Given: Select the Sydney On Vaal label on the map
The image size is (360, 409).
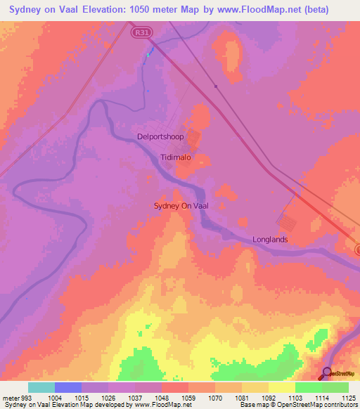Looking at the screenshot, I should [181, 205].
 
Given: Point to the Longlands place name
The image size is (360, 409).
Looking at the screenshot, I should [271, 240].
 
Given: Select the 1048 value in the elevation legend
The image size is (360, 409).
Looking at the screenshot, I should [161, 397].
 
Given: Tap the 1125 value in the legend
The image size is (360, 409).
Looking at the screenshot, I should [348, 397].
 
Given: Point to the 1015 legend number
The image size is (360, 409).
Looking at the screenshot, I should [82, 397].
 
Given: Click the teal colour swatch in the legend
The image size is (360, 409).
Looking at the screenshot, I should [41, 387].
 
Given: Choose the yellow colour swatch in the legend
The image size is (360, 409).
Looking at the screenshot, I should [281, 387].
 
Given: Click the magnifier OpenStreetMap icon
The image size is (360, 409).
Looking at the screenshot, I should [328, 374].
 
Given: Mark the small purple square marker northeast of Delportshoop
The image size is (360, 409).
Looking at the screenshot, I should [216, 86].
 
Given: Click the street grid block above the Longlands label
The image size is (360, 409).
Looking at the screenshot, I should [288, 223].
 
